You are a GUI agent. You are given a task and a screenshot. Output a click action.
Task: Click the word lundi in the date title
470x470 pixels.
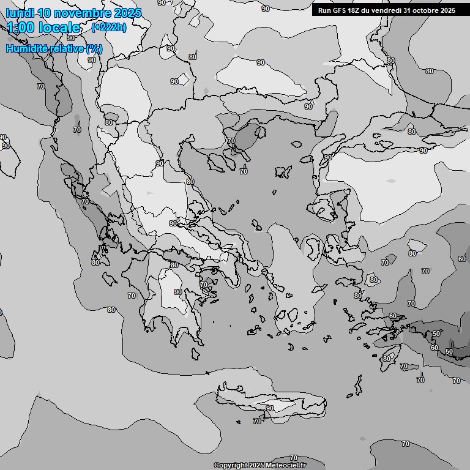point(20,13)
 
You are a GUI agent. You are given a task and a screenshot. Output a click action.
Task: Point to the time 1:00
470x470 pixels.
point(20,28)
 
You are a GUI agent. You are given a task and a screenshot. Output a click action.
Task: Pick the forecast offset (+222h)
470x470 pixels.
point(108,28)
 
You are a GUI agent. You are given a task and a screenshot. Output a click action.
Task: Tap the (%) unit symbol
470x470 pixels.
point(94,48)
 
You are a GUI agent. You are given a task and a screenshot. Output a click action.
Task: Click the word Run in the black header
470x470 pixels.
point(324,10)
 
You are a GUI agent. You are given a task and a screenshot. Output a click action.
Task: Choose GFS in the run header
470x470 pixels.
point(340,10)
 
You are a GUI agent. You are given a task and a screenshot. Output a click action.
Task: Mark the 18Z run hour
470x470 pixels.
point(357,10)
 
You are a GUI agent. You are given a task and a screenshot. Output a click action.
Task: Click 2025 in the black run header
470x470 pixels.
point(448,10)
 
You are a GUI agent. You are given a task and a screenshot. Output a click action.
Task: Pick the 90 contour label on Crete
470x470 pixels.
point(270,408)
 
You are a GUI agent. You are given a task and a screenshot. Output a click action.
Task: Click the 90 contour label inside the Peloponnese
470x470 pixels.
point(178,293)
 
